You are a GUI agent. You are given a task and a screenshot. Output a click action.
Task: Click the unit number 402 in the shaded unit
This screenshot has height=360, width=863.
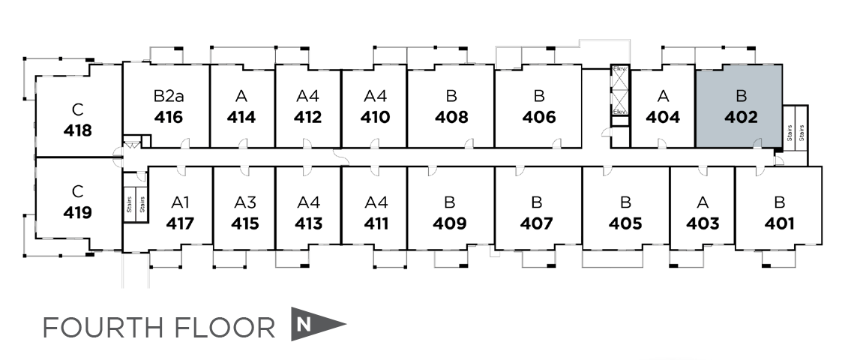pos(742,118)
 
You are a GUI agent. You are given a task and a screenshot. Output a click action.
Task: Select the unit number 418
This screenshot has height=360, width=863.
pos(78,130)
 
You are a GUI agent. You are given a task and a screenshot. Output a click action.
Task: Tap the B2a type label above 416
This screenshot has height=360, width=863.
pos(167,96)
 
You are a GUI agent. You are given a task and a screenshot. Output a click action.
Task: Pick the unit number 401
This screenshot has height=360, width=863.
pos(780,223)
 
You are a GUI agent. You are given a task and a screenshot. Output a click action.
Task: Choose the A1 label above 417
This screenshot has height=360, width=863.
pos(181,202)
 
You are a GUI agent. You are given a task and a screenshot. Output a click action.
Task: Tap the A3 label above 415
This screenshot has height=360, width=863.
pos(245,202)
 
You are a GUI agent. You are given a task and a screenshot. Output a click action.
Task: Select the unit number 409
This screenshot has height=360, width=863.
pos(450,223)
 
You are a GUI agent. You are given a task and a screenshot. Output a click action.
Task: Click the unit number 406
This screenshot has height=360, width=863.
pos(539,118)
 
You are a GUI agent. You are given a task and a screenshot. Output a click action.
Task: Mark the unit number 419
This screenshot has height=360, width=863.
pos(78,212)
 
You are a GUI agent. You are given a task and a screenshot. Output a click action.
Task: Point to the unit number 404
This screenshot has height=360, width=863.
pos(663,118)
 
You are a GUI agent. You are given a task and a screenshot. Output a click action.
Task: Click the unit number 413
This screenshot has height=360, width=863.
pos(308,223)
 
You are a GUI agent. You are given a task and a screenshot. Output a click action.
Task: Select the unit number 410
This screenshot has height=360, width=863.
pos(375,118)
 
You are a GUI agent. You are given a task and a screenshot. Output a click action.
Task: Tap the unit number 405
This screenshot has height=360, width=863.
pos(625,223)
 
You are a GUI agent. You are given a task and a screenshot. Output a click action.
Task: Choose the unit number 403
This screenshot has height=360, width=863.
pos(703,223)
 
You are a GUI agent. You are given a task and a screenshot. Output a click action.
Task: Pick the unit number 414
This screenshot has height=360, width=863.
pos(241,118)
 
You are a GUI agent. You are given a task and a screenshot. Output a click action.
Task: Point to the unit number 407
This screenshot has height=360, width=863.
pos(537,223)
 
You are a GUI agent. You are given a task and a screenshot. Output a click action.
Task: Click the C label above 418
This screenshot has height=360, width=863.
pos(77,108)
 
